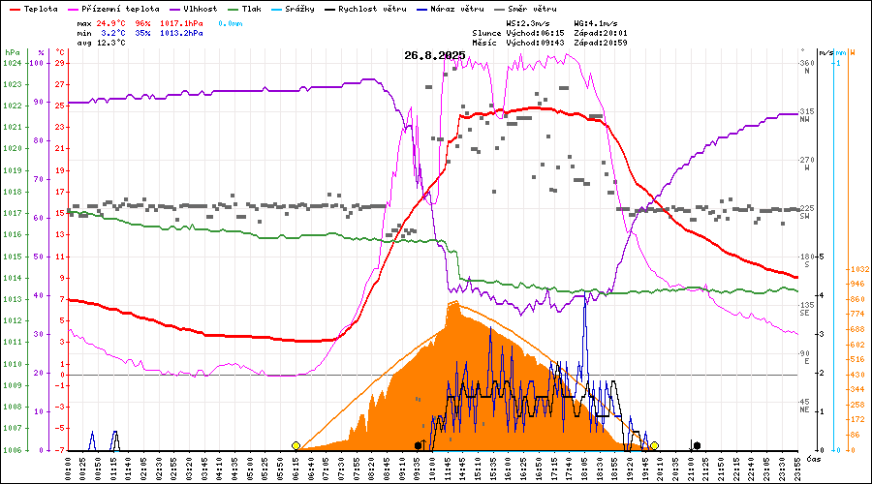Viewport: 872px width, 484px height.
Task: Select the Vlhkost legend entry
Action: pyautogui.click(x=198, y=9)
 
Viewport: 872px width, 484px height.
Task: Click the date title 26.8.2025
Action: pyautogui.click(x=435, y=55)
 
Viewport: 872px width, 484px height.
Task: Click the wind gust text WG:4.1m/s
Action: pyautogui.click(x=595, y=22)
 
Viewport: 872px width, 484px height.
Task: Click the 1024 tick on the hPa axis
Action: pyautogui.click(x=13, y=63)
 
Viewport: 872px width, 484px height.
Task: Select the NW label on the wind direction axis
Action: pyautogui.click(x=804, y=120)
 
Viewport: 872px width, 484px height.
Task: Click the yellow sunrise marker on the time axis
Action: pyautogui.click(x=296, y=445)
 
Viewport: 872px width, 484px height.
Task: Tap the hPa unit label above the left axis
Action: pyautogui.click(x=12, y=52)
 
